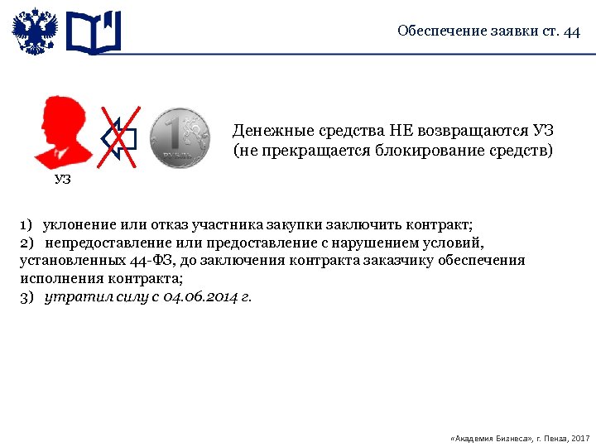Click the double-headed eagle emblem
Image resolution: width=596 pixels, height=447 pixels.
point(35,32)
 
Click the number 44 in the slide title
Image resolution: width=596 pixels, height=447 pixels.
point(571,32)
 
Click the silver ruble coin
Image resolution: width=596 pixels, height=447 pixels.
point(180,137)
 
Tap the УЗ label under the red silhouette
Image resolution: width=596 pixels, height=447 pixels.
point(63,179)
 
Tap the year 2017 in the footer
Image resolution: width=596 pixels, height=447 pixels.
point(580,436)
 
